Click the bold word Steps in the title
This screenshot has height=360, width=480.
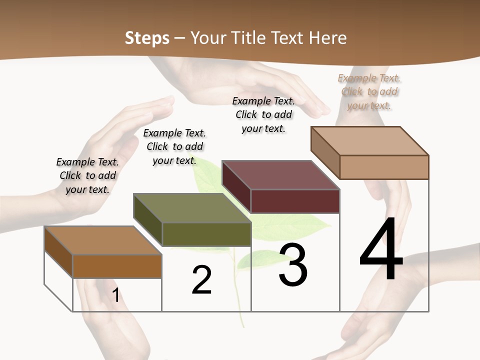(x=147, y=38)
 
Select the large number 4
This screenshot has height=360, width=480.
(x=381, y=249)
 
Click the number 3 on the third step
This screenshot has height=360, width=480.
(x=293, y=264)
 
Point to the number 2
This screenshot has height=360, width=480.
(x=201, y=279)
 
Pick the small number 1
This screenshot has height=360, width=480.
(x=116, y=295)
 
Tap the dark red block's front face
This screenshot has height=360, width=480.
(x=295, y=201)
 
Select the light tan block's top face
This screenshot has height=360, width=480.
(x=370, y=140)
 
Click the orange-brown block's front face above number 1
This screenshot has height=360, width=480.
(x=117, y=266)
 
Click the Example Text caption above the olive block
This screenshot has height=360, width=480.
(x=174, y=146)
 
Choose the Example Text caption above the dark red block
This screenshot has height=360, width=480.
(x=263, y=114)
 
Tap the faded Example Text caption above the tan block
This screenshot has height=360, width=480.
(x=369, y=91)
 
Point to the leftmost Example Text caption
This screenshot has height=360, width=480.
(x=87, y=175)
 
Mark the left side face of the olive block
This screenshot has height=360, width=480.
(x=148, y=220)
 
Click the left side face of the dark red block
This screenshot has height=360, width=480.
(x=236, y=186)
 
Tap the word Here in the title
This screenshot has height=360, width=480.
(x=328, y=38)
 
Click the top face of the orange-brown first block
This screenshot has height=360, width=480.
(x=102, y=240)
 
